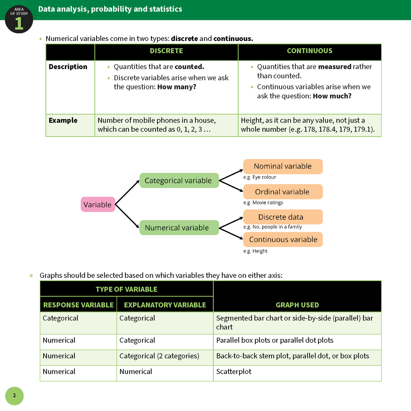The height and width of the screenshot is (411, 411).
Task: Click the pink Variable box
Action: click(98, 205)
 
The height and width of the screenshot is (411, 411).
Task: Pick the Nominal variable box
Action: click(283, 166)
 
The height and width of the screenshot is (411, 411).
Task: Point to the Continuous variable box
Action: click(283, 239)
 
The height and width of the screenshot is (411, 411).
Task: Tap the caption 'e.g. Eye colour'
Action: click(260, 177)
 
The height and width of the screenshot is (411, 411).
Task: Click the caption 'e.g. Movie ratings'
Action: click(263, 203)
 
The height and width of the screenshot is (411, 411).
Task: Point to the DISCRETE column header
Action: click(166, 51)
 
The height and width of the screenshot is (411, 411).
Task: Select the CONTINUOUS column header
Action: click(309, 51)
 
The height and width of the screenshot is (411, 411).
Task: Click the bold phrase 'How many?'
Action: click(177, 87)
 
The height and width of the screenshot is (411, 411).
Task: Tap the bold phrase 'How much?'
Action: click(332, 96)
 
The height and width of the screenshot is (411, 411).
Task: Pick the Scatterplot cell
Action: click(234, 372)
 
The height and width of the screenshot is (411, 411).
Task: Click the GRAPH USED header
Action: click(297, 305)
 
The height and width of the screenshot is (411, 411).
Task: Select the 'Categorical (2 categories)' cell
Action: click(159, 356)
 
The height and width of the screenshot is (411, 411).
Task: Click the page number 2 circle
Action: click(15, 396)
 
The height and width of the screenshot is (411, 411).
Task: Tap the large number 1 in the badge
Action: click(19, 23)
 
